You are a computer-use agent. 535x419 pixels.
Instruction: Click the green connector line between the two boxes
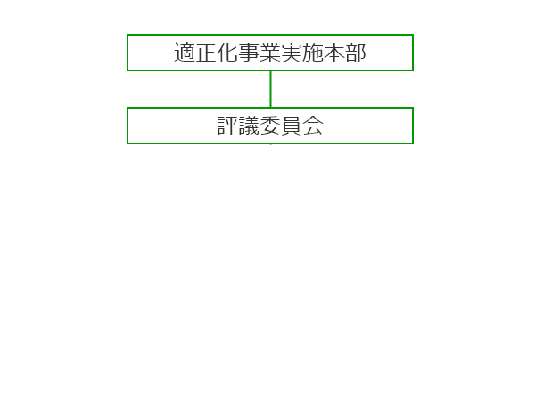270,89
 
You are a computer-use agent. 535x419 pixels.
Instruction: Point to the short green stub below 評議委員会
270,144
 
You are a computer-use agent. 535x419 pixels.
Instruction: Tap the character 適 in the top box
185,53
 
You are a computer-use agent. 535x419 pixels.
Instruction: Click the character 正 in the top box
206,53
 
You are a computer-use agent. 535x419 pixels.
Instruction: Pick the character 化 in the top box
227,53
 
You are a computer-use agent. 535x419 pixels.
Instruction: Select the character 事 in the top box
249,53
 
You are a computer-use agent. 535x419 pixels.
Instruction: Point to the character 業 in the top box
270,53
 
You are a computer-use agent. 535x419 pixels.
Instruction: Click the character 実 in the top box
292,53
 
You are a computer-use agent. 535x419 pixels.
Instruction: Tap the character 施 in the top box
313,53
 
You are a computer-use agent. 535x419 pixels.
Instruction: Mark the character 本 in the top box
334,53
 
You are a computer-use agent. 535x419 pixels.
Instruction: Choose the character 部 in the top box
356,53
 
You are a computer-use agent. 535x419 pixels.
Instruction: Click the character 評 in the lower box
227,126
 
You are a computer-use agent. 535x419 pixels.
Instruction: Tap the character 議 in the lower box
249,126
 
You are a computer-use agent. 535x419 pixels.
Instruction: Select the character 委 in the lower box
270,126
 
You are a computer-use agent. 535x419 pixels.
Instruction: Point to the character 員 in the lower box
292,126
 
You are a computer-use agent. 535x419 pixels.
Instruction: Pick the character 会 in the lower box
313,126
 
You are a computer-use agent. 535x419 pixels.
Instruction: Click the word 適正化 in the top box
206,53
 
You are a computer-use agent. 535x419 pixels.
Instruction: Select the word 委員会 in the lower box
292,126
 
